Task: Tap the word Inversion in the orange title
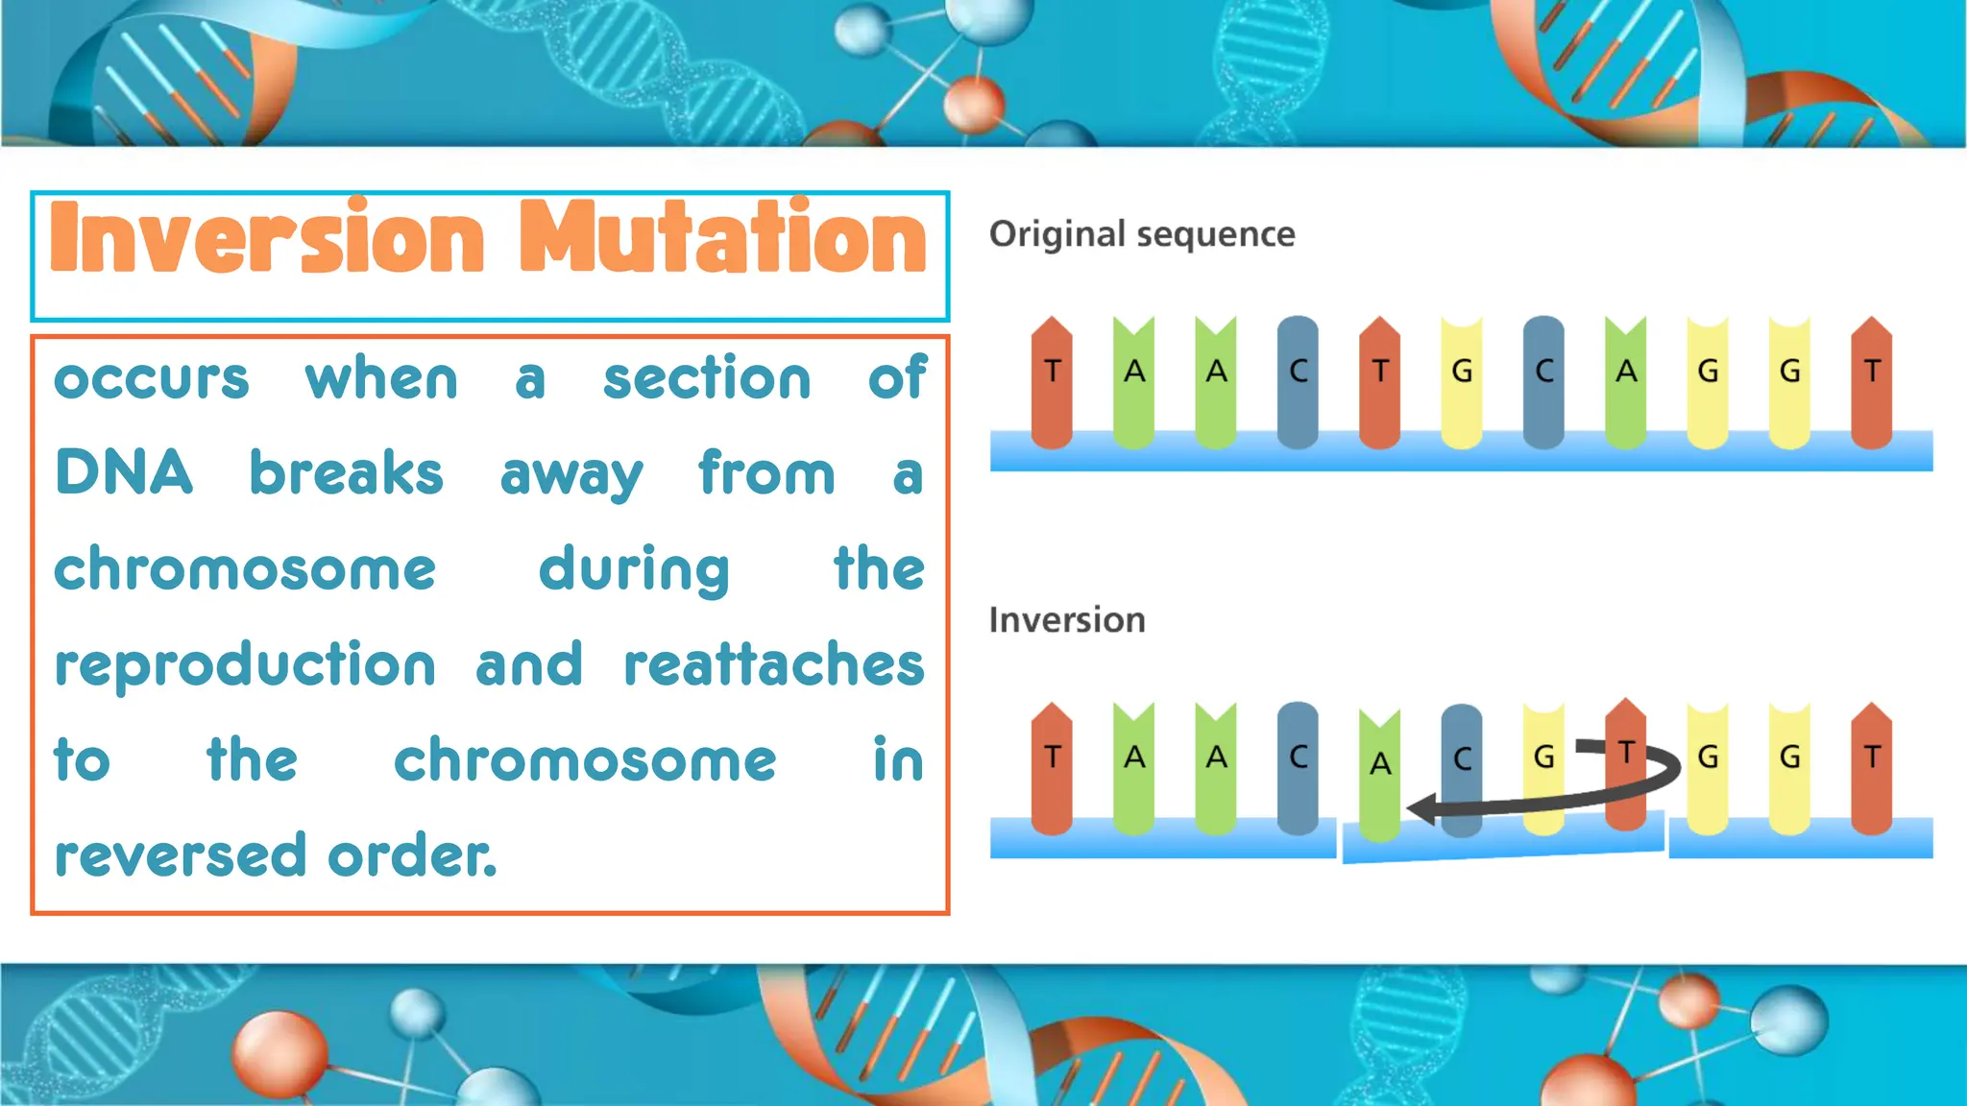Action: click(x=268, y=238)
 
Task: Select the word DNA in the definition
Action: click(x=124, y=473)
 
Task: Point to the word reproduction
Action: click(x=245, y=665)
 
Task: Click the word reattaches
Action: click(x=773, y=664)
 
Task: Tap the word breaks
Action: click(x=346, y=473)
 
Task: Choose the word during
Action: click(x=634, y=570)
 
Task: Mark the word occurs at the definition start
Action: click(x=152, y=379)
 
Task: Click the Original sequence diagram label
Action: click(x=1142, y=234)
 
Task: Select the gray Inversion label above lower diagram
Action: click(x=1067, y=620)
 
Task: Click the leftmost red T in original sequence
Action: click(x=1052, y=382)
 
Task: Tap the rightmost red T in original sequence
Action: click(x=1872, y=382)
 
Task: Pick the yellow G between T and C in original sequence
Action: click(x=1462, y=382)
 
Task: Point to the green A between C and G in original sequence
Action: click(x=1626, y=382)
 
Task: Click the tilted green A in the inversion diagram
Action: click(x=1380, y=774)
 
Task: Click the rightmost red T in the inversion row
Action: click(x=1872, y=768)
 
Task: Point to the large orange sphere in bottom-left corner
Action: click(x=279, y=1053)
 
